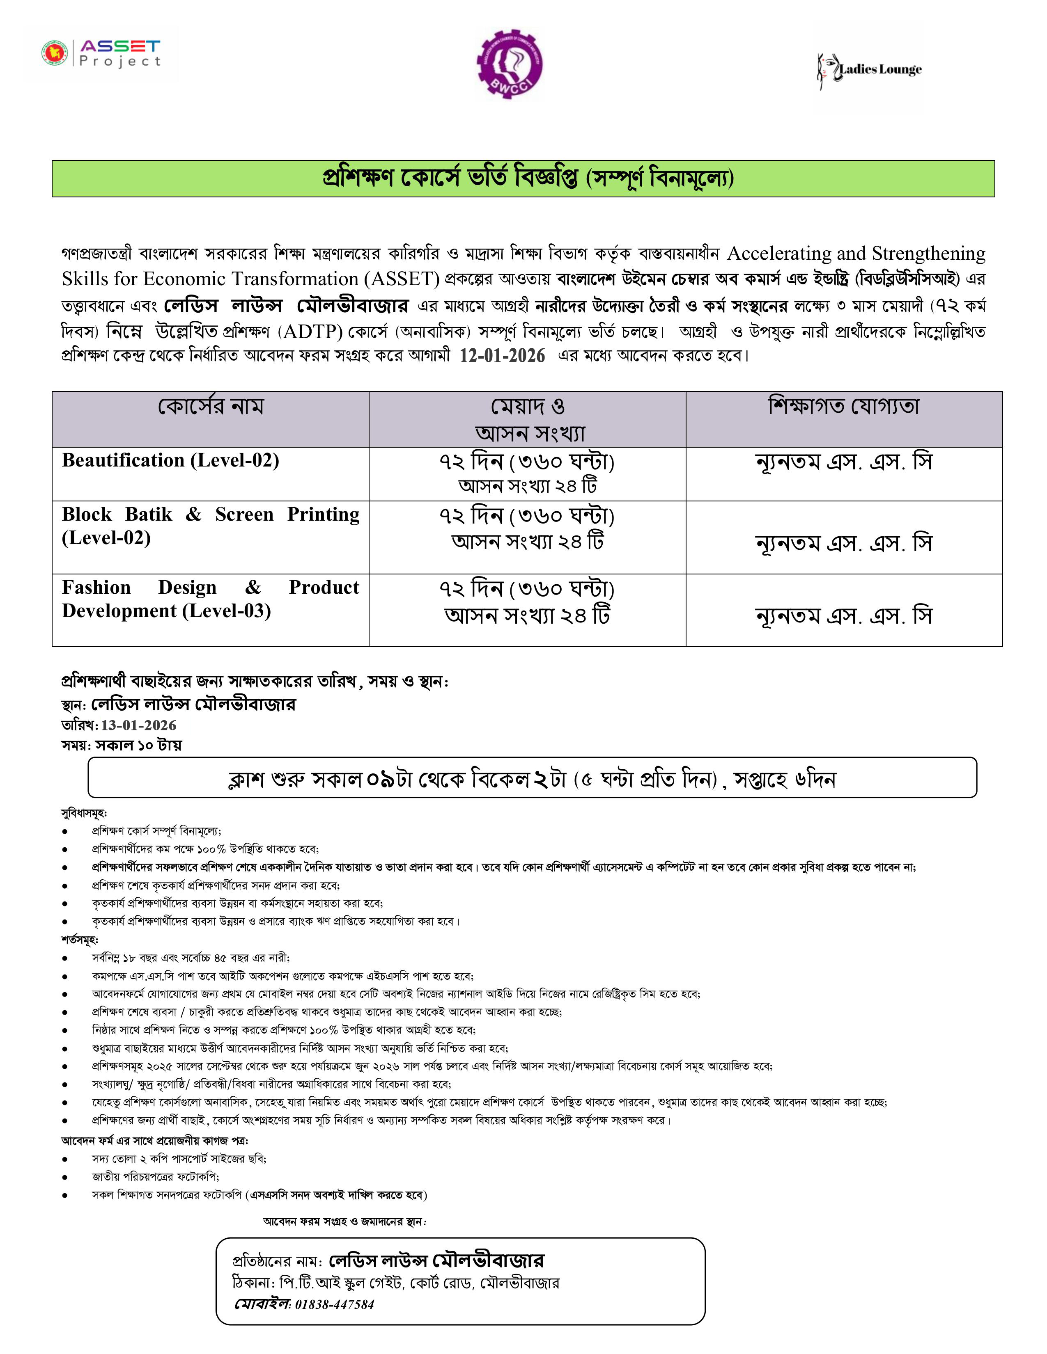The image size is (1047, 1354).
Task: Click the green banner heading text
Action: [528, 178]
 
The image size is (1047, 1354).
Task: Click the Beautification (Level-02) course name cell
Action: [170, 461]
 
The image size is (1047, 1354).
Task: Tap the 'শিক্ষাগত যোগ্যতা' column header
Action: [844, 406]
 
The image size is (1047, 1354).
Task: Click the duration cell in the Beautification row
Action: [527, 473]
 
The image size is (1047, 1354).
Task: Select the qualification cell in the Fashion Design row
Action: [844, 615]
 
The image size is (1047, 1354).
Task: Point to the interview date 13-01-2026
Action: [138, 725]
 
